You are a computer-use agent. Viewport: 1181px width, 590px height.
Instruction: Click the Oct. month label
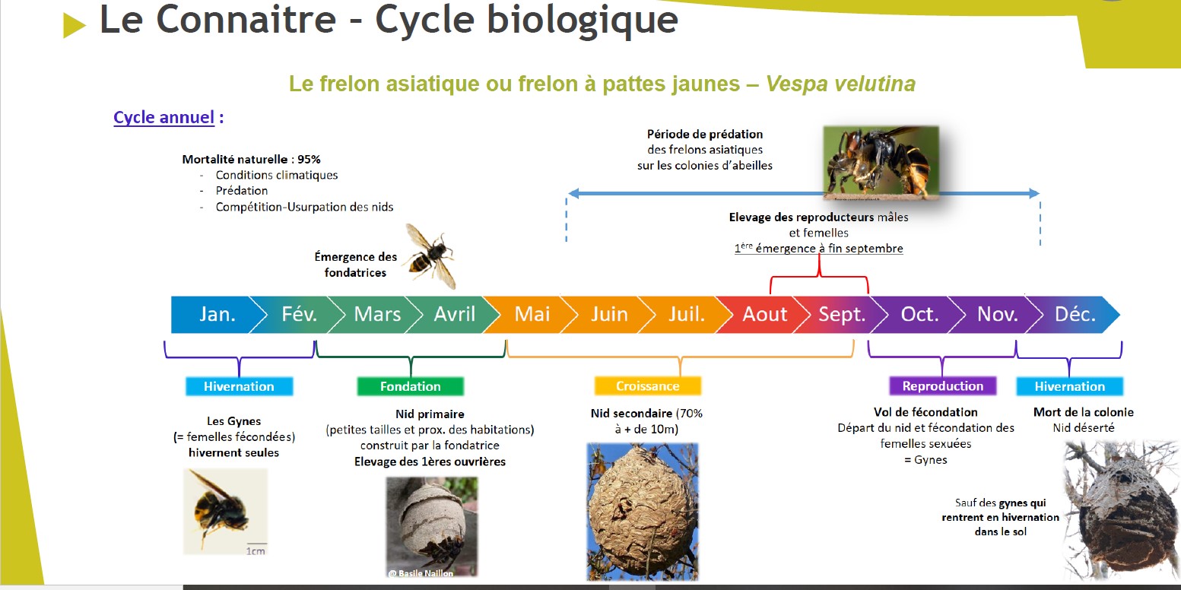[919, 315]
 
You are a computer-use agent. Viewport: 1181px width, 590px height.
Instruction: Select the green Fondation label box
[410, 386]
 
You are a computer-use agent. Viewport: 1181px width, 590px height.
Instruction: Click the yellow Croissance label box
[647, 386]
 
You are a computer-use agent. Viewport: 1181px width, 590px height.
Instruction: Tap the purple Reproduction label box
[943, 386]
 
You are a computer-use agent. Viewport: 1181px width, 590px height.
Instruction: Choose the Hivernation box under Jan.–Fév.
[239, 386]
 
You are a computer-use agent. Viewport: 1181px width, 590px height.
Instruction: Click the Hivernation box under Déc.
[1069, 386]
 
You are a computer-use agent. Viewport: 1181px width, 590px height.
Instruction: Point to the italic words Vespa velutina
[840, 84]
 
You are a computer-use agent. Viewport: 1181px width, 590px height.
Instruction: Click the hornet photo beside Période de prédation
[881, 163]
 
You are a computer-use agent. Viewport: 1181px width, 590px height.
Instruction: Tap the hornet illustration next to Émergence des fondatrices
[430, 256]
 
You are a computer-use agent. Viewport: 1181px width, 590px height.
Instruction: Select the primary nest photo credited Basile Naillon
[432, 527]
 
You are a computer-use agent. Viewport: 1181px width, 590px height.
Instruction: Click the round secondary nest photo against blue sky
[642, 512]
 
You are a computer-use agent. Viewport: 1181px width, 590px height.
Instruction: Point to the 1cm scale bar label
[256, 551]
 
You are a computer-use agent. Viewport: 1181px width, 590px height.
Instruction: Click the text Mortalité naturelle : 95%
[251, 159]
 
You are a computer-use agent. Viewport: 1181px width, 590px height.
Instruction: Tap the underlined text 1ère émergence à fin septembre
[819, 249]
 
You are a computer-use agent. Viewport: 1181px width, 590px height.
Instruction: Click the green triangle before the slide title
[73, 25]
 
